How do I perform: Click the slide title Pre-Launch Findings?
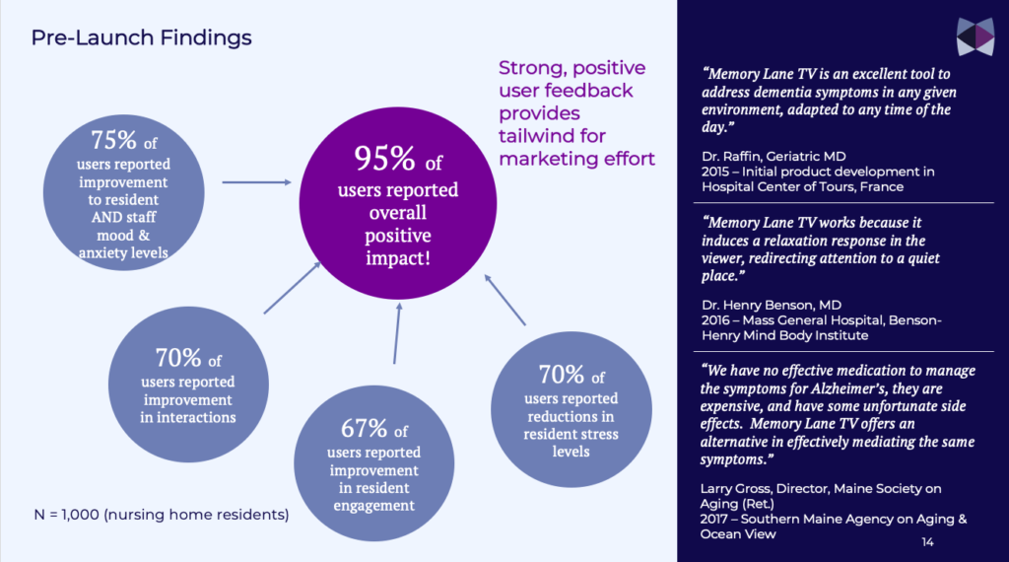coord(142,38)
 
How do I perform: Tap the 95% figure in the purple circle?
coord(385,158)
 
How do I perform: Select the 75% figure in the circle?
coord(114,140)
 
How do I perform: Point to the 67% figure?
coord(365,428)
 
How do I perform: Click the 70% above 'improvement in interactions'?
coord(179,357)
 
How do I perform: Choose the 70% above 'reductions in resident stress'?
coord(562,374)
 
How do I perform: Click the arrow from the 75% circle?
coord(257,182)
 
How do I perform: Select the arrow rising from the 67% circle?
coord(397,333)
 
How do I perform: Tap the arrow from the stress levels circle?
coord(505,300)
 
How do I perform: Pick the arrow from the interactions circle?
coord(292,288)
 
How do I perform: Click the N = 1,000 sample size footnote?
coord(162,515)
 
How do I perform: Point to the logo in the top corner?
coord(975,36)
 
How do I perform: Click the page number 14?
coord(927,542)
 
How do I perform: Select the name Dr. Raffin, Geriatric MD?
coord(774,157)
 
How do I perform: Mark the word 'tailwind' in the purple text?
coord(552,136)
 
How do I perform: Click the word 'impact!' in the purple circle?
coord(398,258)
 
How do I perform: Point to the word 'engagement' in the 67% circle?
coord(373,506)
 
